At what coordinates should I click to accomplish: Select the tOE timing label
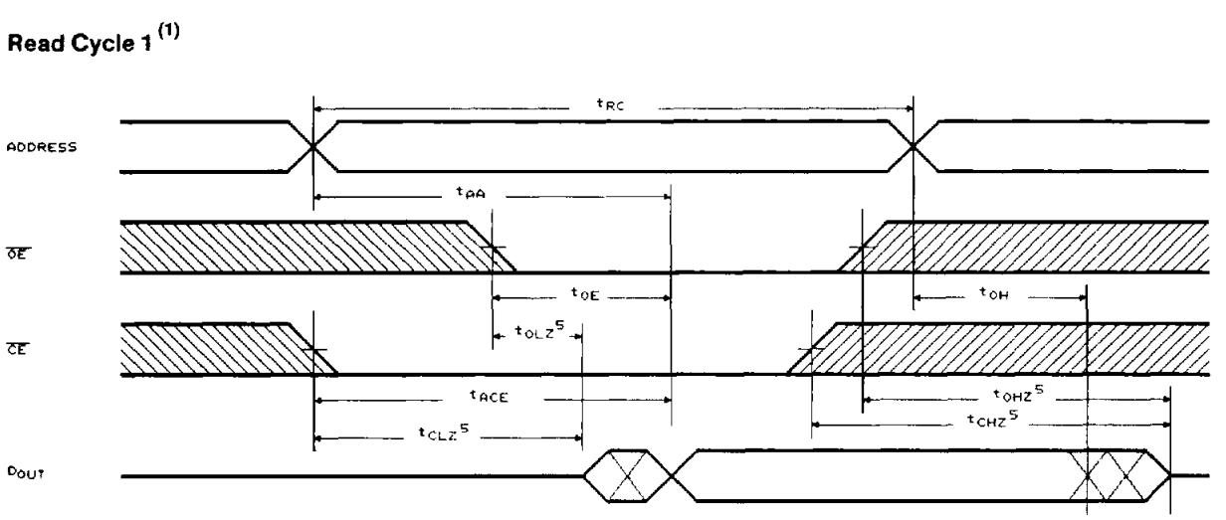click(x=583, y=294)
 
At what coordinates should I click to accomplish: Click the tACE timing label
click(x=489, y=397)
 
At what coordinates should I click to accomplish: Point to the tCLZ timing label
click(x=444, y=435)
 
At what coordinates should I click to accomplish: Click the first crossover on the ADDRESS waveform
click(x=313, y=146)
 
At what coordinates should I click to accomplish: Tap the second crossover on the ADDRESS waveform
click(x=914, y=146)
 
